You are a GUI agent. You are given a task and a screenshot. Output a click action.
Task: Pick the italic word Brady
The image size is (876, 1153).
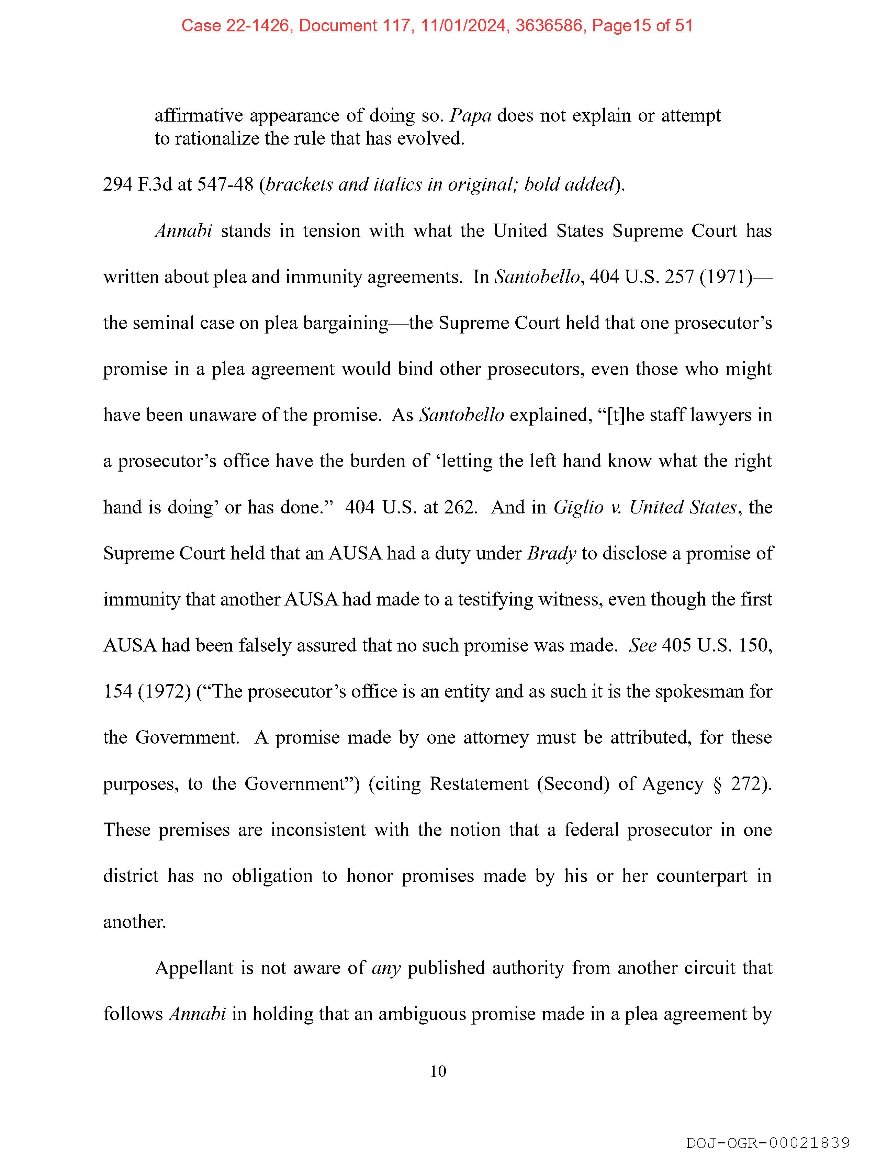(x=552, y=553)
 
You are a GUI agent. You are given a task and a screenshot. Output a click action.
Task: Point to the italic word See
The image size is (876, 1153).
(x=642, y=645)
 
